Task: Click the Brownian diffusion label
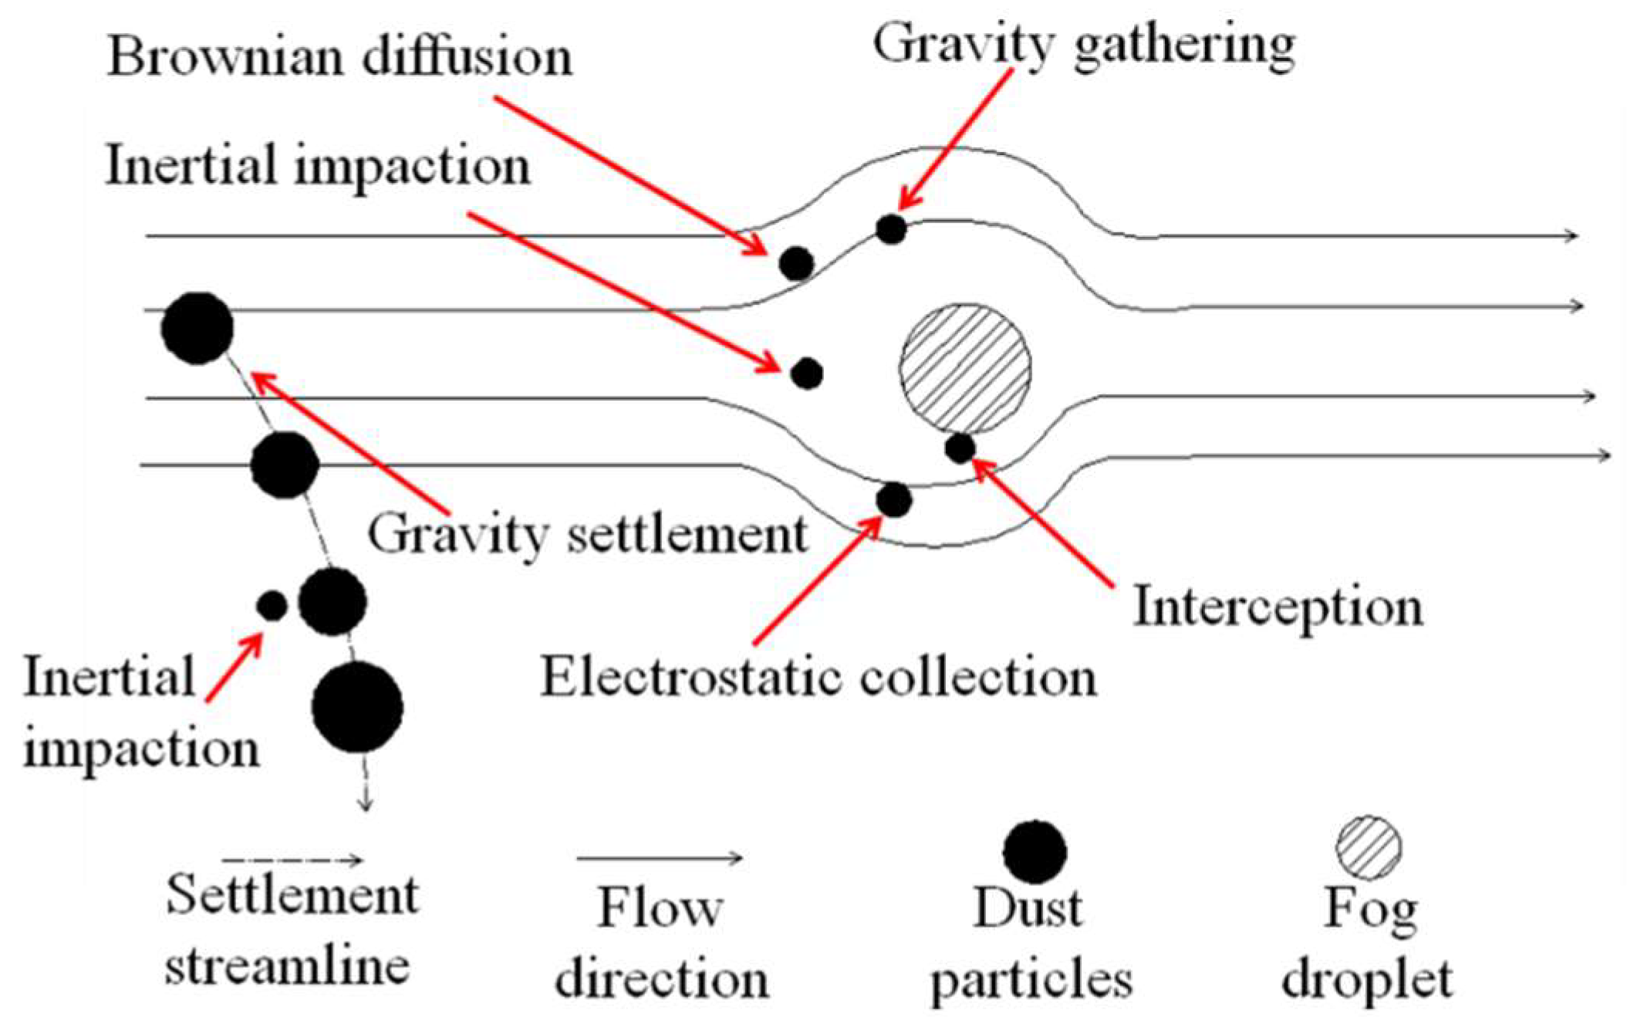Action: [339, 58]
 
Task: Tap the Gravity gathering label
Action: [1083, 45]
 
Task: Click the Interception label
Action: [1278, 608]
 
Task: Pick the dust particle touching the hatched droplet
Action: [960, 448]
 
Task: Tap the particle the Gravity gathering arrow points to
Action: [891, 229]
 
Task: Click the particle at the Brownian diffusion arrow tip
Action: [796, 263]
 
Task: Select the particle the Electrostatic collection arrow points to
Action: [894, 500]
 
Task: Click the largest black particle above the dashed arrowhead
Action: [357, 707]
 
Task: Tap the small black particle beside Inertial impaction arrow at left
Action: [272, 606]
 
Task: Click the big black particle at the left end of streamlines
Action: [197, 328]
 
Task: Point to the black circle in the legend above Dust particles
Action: [1035, 852]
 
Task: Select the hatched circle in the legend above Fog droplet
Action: [1369, 847]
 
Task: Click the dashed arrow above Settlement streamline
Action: [292, 860]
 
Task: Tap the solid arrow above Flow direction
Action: [660, 857]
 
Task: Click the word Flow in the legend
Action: [660, 909]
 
